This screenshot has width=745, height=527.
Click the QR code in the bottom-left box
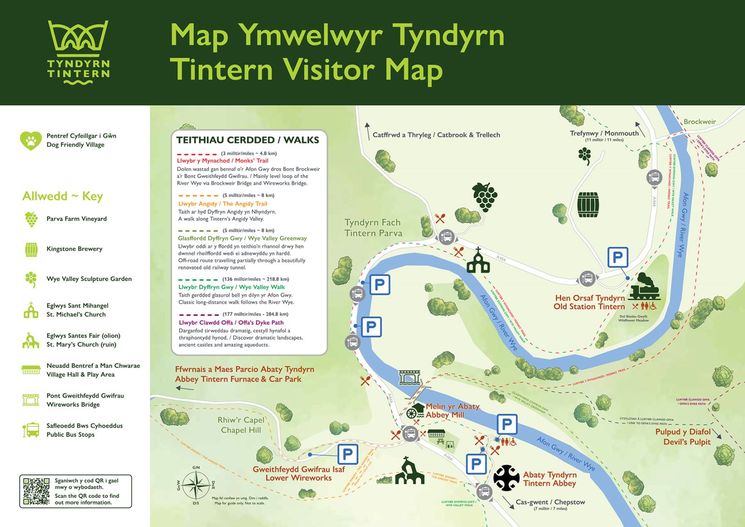(x=36, y=491)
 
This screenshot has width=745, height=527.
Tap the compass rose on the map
(x=196, y=485)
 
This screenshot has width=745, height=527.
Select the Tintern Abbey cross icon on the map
(x=506, y=478)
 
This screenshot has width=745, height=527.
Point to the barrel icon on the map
(x=588, y=205)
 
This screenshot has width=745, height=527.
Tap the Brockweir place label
(x=699, y=122)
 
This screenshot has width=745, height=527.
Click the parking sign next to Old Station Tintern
(x=618, y=257)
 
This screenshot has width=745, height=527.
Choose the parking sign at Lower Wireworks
(x=347, y=454)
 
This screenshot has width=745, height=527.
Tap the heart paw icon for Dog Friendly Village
(x=31, y=140)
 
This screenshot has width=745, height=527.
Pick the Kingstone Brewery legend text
(x=74, y=249)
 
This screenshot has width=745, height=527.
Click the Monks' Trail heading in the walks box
(x=223, y=161)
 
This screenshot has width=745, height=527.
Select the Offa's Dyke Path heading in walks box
(x=231, y=322)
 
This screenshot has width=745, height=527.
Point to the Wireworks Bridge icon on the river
(x=410, y=377)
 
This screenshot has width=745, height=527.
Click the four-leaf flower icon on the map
(x=585, y=155)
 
